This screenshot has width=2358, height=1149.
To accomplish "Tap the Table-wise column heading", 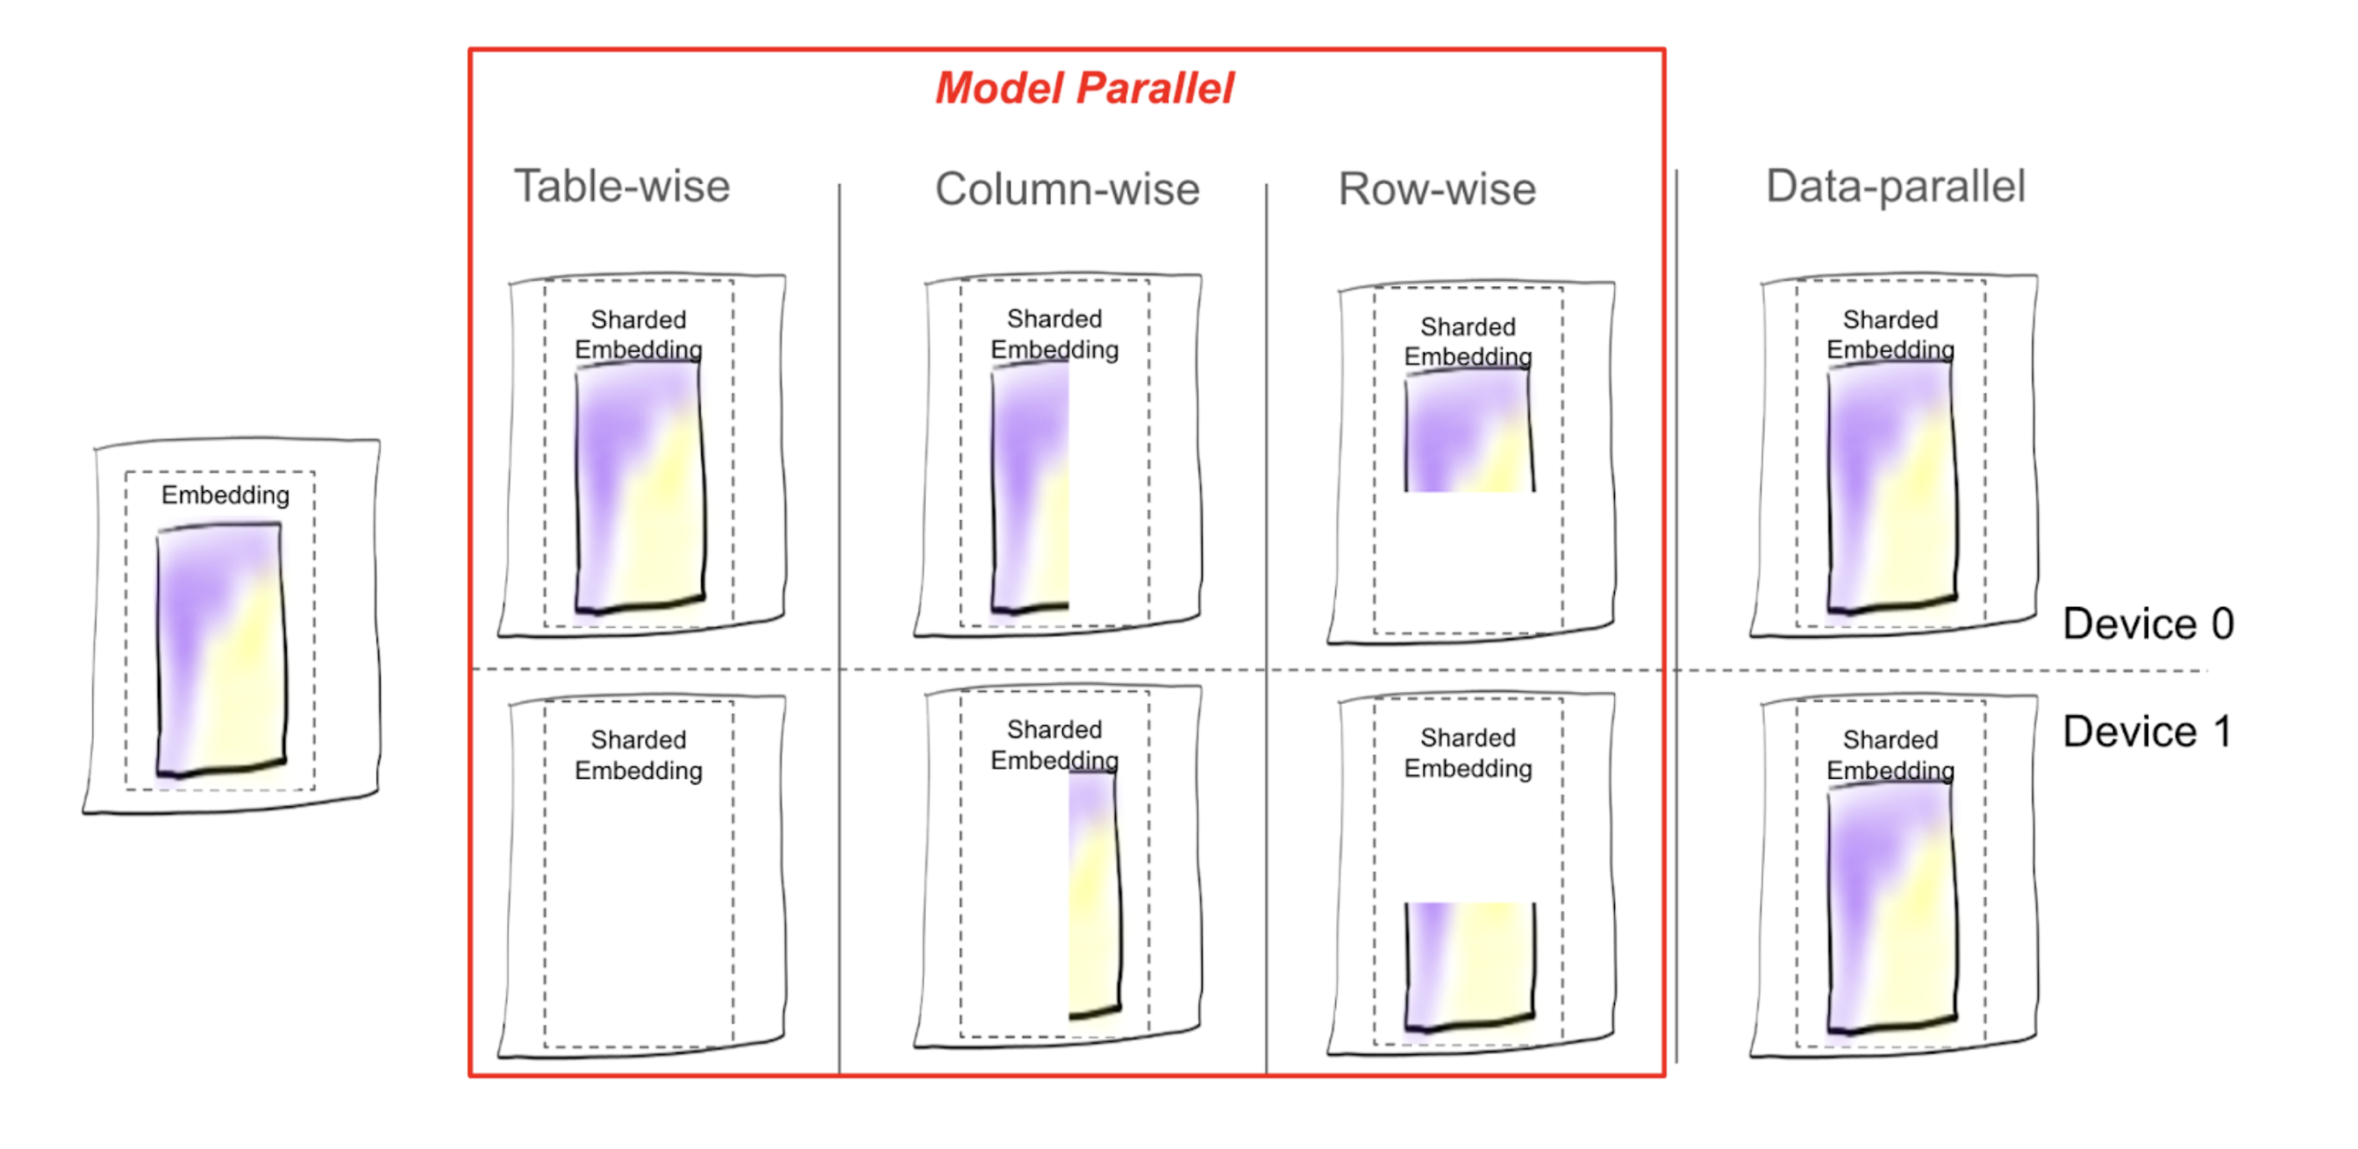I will coord(622,187).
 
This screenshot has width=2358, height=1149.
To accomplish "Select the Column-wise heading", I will coord(1067,189).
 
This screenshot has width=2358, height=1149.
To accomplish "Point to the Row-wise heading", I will coord(1436,189).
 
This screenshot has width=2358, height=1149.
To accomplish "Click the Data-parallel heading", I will coord(1895,187).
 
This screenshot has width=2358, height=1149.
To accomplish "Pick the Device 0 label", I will coord(2147,624).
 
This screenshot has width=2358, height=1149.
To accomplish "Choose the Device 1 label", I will coord(2147,732).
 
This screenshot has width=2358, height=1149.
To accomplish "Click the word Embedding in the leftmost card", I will coord(225,496).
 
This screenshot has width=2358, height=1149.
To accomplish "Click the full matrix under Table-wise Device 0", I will coord(640,485).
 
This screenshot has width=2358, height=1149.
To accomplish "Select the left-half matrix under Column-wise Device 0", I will coord(1031,485).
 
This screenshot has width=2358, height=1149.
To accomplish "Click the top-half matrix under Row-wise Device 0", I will coord(1468,431).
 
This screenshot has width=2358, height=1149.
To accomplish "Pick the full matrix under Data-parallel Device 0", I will coord(1891,485).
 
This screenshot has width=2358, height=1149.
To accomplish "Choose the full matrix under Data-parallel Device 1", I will coord(1891,906).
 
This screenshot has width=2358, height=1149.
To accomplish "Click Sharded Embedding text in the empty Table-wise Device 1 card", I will coord(638,755).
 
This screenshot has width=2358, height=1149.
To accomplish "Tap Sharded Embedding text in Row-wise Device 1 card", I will coord(1468,753).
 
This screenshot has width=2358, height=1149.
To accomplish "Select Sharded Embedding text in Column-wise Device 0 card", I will coord(1054,334).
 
